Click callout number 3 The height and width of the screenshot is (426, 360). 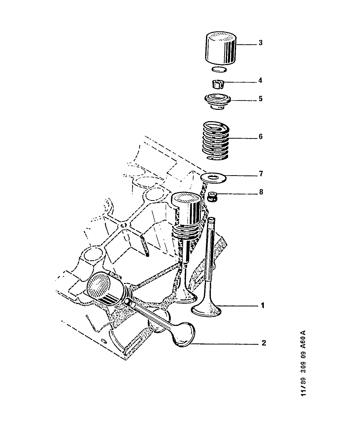click(260, 43)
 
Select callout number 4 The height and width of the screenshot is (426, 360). click(260, 81)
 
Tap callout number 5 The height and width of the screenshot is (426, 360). click(260, 99)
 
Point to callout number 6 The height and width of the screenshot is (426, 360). click(260, 136)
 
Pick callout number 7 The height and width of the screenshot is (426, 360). click(261, 174)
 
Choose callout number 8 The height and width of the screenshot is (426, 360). click(261, 192)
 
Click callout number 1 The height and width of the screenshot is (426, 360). click(263, 306)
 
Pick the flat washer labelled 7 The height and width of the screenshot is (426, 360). click(213, 178)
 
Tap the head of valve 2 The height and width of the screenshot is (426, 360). click(183, 334)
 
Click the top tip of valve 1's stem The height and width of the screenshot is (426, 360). click(212, 218)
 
